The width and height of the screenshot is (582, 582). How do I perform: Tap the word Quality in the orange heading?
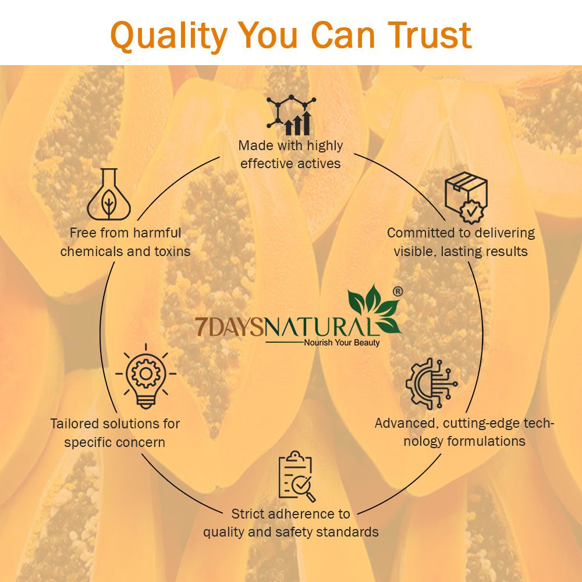click(x=169, y=36)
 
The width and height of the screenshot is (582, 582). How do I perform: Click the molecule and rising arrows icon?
click(x=291, y=115)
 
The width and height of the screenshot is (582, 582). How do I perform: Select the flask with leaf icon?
click(x=109, y=194)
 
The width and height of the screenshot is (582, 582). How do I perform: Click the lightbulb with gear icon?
click(x=146, y=376)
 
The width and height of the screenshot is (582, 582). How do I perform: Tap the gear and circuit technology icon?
click(x=431, y=384)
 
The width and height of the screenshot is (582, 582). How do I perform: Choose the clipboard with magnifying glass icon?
click(x=297, y=476)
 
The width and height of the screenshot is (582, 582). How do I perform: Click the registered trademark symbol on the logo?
click(x=398, y=292)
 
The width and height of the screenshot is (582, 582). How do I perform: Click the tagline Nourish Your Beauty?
click(x=342, y=343)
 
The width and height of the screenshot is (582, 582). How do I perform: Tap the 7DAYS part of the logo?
click(x=229, y=327)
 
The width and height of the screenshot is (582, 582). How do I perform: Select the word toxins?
click(x=172, y=251)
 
